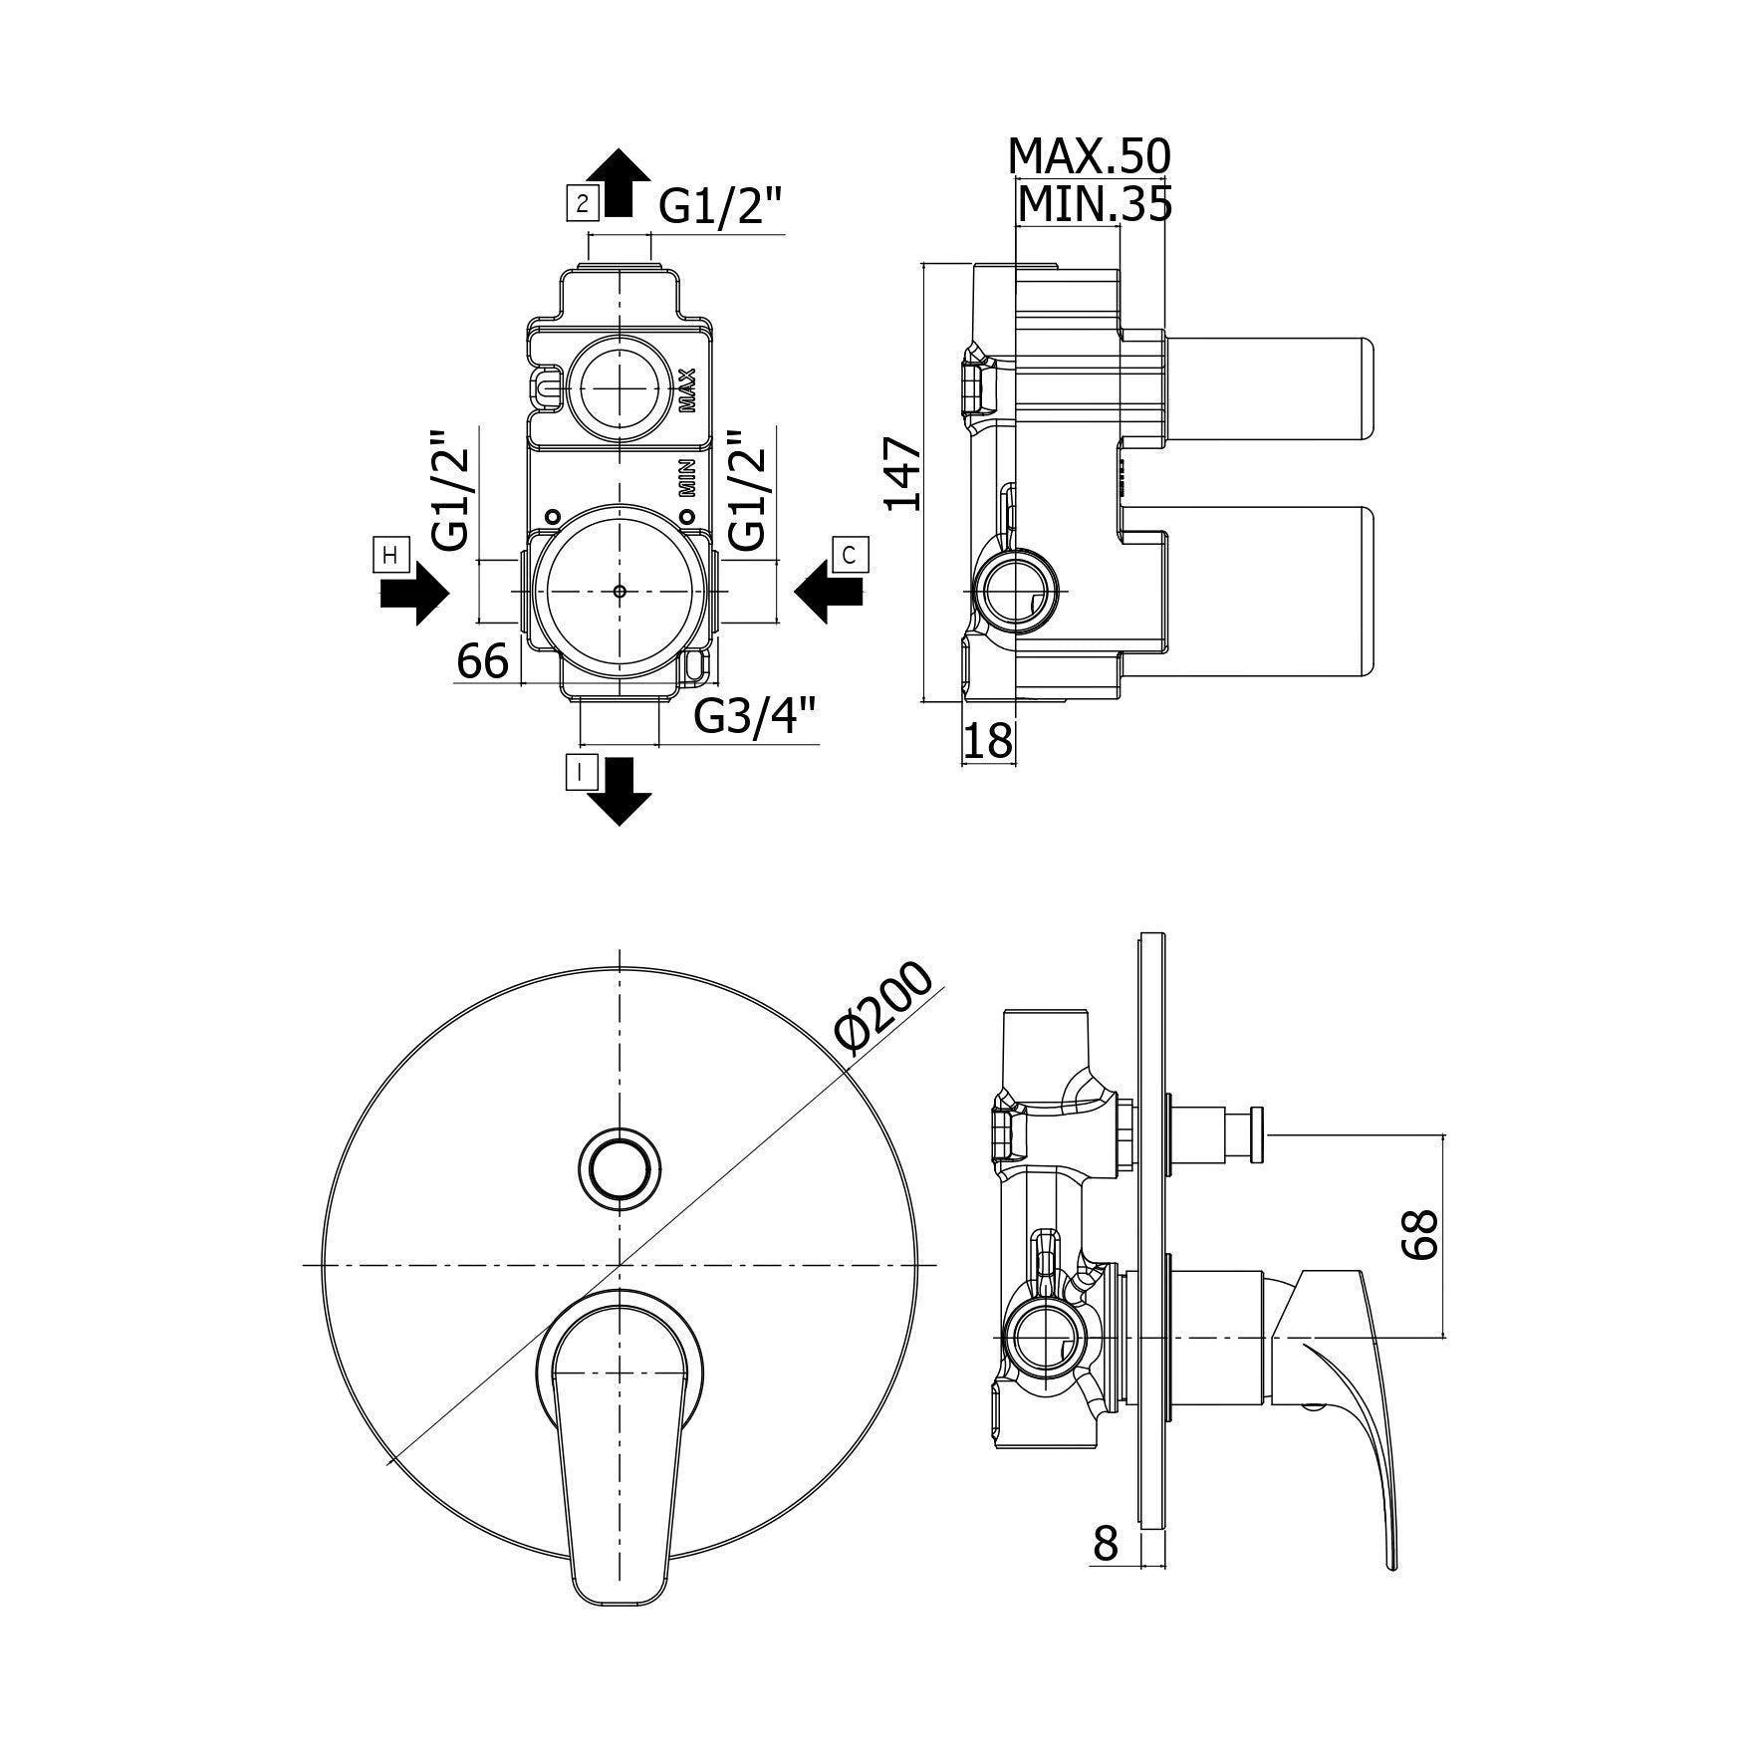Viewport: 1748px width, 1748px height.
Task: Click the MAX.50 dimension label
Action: point(1090,156)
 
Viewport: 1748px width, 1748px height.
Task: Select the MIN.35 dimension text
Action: point(1095,205)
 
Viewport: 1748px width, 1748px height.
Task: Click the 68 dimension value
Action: point(1419,1235)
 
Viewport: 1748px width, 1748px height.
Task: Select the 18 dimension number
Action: point(989,741)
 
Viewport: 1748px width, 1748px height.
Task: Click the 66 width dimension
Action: point(483,660)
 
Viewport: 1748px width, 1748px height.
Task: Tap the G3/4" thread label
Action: point(756,715)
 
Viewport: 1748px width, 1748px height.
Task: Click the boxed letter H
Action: point(389,554)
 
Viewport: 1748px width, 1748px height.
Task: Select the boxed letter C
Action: point(850,554)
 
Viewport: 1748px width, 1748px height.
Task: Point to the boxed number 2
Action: point(581,204)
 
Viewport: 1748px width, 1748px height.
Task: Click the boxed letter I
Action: point(582,772)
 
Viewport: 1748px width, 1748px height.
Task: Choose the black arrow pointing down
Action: point(619,793)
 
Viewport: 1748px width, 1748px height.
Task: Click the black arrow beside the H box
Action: point(414,593)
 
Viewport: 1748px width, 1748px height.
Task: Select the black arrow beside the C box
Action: point(827,593)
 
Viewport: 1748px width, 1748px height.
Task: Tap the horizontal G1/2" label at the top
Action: point(721,207)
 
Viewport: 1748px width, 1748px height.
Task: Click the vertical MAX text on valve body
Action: point(686,390)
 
